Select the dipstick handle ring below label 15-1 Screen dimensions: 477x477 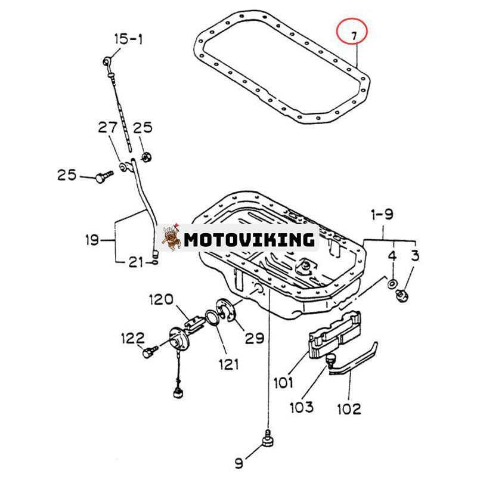tap(107, 60)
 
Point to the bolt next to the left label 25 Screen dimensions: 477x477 tap(104, 176)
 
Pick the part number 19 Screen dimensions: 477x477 tap(91, 241)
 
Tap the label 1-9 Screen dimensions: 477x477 tap(382, 214)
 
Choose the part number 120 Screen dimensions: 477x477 tap(160, 299)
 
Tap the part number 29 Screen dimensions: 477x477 tap(254, 338)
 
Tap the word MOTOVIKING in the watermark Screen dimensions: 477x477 tap(249, 240)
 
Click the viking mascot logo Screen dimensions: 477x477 tap(171, 238)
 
